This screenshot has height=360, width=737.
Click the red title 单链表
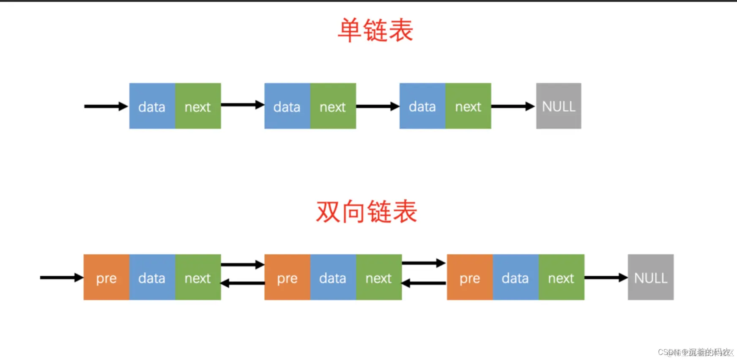coord(375,30)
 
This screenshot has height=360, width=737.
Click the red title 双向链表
coord(366,212)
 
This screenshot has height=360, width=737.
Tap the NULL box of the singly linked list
coord(559,106)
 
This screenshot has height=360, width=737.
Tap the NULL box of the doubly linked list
coord(650,278)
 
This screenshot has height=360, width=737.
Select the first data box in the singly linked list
coord(152,106)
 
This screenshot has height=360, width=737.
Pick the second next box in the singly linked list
coord(333,106)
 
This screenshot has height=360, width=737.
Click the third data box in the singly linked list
coord(422,106)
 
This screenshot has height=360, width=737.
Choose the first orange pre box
coord(106,278)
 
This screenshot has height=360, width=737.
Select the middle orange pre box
coord(287,278)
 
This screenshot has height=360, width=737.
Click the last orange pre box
coord(469,278)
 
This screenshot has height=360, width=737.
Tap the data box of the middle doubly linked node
coord(333,278)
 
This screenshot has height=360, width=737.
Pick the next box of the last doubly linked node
coord(561,278)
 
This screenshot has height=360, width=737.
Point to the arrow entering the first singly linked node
coord(106,106)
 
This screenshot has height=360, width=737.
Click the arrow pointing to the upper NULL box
coord(513,106)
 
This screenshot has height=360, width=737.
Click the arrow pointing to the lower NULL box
coord(605,278)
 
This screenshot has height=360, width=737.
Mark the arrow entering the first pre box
coord(61,278)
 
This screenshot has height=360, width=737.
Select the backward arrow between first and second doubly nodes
coord(242,283)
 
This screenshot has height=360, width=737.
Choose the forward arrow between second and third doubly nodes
coord(424,263)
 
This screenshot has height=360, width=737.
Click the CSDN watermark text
coord(696,352)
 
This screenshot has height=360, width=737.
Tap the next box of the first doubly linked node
coord(197,278)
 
